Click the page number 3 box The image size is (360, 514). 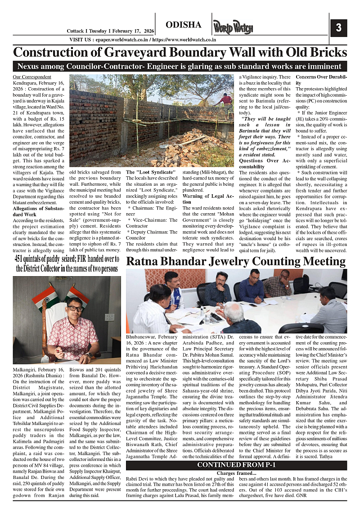(338, 28)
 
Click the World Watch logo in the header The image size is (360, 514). (233, 27)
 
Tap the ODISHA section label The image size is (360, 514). (183, 25)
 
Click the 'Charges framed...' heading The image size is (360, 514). (236, 473)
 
